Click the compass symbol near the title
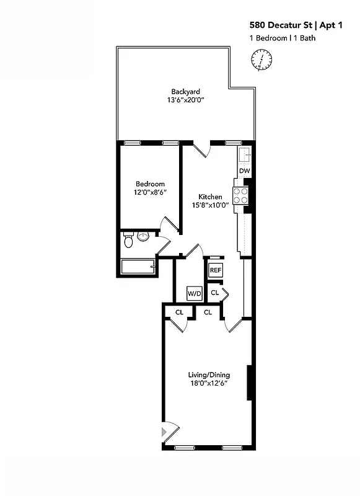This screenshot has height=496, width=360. point(262,61)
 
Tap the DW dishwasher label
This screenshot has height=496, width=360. point(244,170)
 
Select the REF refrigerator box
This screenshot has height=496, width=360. point(215,270)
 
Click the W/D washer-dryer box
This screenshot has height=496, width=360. point(194,293)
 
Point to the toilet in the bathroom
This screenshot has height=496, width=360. point(129,239)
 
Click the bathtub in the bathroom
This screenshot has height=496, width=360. point(138,268)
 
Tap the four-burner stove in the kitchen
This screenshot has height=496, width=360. point(240,197)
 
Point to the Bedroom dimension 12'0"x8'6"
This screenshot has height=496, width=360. point(151,193)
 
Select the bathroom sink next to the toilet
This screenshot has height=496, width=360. point(143,237)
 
